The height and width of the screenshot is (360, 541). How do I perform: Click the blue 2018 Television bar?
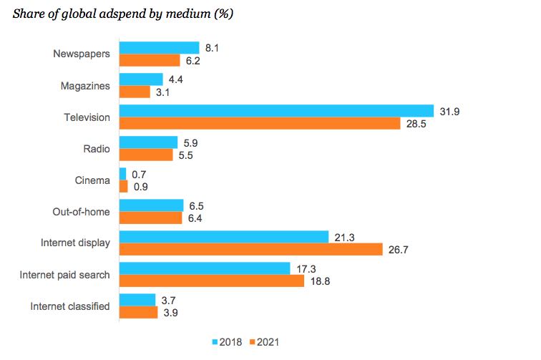pyautogui.click(x=277, y=111)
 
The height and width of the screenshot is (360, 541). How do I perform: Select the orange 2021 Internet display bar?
pyautogui.click(x=251, y=249)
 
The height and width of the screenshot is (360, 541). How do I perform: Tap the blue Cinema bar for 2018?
pyautogui.click(x=123, y=174)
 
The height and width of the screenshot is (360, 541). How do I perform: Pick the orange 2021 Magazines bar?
pyautogui.click(x=135, y=92)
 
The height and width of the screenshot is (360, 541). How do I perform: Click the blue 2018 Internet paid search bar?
pyautogui.click(x=205, y=268)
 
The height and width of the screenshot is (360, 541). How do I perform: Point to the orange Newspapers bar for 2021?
pyautogui.click(x=150, y=60)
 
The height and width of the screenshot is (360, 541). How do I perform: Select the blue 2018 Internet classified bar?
pyautogui.click(x=137, y=300)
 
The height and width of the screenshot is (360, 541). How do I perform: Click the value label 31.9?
pyautogui.click(x=449, y=112)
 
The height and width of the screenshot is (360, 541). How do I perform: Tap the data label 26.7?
pyautogui.click(x=399, y=250)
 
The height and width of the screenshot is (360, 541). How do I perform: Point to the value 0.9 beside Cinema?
pyautogui.click(x=141, y=187)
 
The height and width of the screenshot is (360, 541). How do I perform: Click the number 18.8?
pyautogui.click(x=320, y=281)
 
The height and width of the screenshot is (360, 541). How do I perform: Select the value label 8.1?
pyautogui.click(x=212, y=48)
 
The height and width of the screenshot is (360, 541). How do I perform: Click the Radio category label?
pyautogui.click(x=97, y=149)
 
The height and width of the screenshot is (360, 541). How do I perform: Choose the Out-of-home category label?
pyautogui.click(x=81, y=212)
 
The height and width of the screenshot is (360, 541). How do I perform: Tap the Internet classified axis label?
pyautogui.click(x=70, y=306)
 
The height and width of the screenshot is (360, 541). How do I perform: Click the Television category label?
pyautogui.click(x=87, y=117)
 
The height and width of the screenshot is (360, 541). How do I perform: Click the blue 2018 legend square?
pyautogui.click(x=215, y=342)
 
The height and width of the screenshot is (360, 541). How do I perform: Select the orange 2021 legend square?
pyautogui.click(x=253, y=342)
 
